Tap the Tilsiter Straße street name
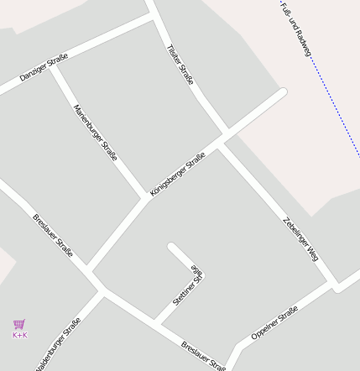(181, 65)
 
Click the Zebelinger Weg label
(300, 240)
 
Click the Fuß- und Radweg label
(296, 29)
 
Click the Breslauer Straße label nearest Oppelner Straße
(204, 355)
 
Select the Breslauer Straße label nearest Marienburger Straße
(53, 235)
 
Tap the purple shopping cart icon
(19, 324)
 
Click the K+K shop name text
(20, 335)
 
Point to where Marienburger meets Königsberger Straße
(144, 199)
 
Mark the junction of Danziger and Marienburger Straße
(52, 66)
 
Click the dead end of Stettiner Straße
(172, 248)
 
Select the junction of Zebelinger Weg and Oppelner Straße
(335, 287)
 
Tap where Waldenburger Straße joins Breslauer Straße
(102, 292)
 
